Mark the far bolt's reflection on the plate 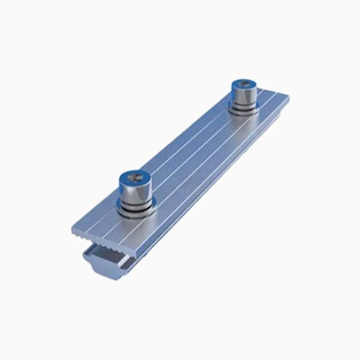tap(246, 121)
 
